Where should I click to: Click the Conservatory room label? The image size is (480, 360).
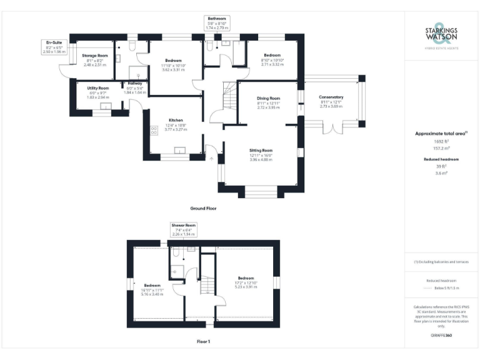[x=331, y=97]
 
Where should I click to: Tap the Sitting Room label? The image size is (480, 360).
[x=261, y=151]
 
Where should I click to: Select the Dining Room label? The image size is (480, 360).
[x=269, y=99]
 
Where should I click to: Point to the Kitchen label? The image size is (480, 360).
[x=175, y=120]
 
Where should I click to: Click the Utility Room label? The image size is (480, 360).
[x=98, y=88]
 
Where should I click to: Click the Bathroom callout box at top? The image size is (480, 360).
[x=217, y=23]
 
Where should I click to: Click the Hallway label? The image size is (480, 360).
[x=135, y=83]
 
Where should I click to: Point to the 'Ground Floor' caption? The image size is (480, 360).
[x=203, y=208]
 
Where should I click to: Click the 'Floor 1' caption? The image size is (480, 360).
[x=203, y=342]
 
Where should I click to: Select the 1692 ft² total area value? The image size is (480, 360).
[x=441, y=142]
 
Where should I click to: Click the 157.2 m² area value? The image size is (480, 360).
[x=441, y=149]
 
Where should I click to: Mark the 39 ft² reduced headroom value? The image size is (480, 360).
[x=441, y=167]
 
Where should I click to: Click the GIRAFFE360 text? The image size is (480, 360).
[x=441, y=336]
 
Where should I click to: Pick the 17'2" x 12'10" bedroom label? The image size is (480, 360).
[x=246, y=279]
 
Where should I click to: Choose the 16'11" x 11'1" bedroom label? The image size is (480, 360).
[x=153, y=286]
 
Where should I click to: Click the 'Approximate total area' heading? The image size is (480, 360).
[x=441, y=133]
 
